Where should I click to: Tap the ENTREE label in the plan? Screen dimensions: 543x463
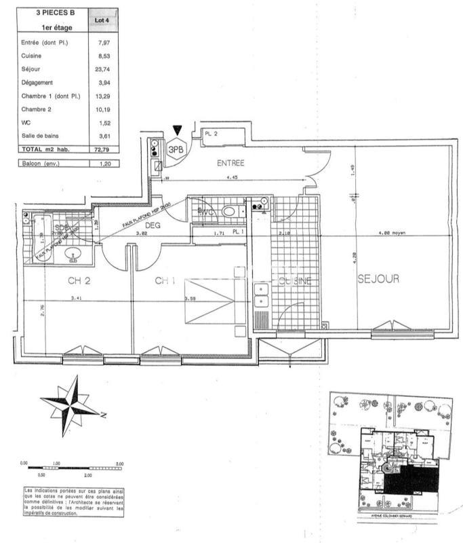pyautogui.click(x=230, y=163)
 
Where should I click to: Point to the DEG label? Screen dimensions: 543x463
pyautogui.click(x=153, y=226)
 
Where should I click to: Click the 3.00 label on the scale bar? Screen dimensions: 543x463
pyautogui.click(x=119, y=464)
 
